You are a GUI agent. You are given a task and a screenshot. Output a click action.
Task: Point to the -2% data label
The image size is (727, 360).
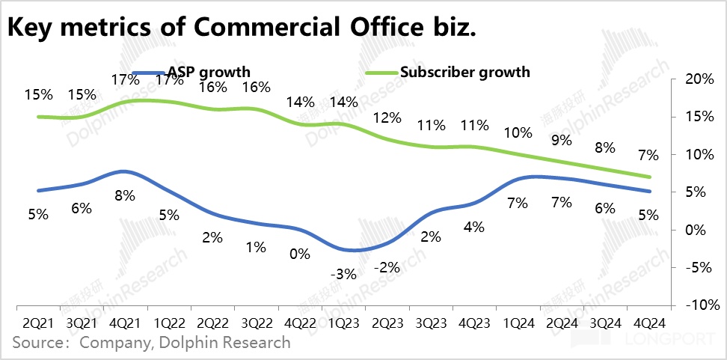tap(386, 267)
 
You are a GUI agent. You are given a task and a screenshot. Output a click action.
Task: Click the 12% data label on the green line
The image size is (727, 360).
tap(387, 118)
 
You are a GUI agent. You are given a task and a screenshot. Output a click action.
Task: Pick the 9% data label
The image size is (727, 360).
tap(561, 139)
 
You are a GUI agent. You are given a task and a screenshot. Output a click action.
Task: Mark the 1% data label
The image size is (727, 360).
tap(256, 246)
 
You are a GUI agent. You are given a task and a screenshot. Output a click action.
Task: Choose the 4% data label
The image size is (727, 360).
tap(474, 226)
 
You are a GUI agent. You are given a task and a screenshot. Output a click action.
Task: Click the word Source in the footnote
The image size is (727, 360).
tap(37, 343)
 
